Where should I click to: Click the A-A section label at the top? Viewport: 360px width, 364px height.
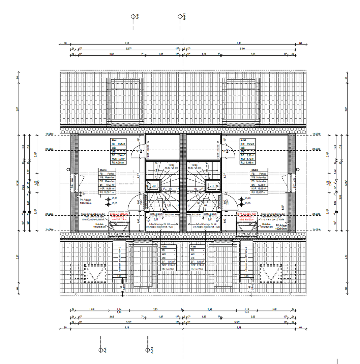[138, 17]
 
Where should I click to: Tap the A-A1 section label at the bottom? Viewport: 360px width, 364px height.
[152, 351]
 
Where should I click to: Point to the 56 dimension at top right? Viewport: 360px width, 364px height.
[346, 78]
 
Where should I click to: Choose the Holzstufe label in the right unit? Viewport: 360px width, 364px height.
[266, 224]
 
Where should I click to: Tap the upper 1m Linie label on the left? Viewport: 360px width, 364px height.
[50, 134]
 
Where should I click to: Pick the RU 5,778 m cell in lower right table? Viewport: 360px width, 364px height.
[197, 269]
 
